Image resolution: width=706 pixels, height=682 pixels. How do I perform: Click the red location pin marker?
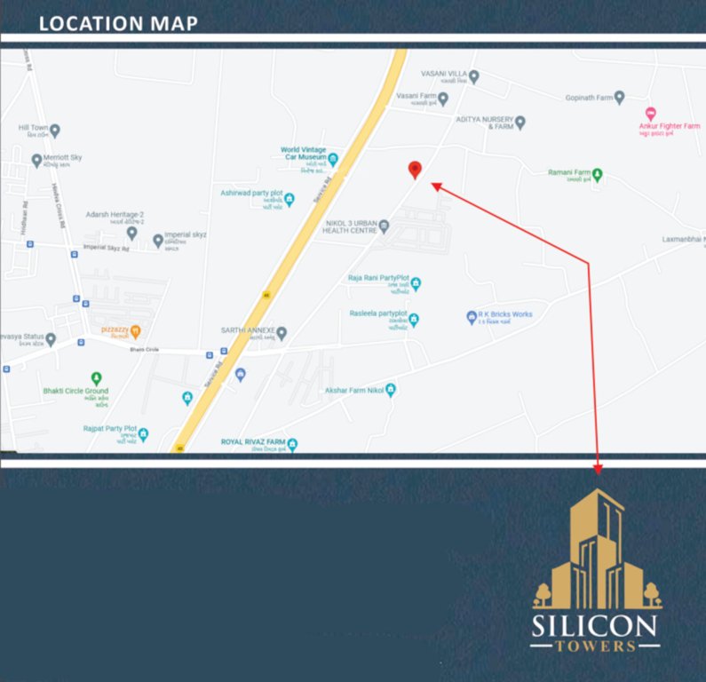[x=414, y=170]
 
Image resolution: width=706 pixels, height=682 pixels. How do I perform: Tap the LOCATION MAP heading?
[x=118, y=23]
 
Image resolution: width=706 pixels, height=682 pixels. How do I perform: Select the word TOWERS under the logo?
[x=595, y=646]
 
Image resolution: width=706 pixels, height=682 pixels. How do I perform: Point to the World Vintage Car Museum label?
[x=303, y=155]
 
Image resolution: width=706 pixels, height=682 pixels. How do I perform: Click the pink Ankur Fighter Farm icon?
[x=650, y=114]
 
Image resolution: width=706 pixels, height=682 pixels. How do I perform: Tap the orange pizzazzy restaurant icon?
[x=135, y=332]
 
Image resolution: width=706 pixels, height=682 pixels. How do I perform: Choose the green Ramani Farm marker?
[x=598, y=175]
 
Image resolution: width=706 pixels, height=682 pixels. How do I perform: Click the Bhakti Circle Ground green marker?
[x=97, y=378]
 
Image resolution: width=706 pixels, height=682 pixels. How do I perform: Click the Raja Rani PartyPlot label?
[x=377, y=278]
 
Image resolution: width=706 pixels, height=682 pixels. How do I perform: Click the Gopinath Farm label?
[x=589, y=97]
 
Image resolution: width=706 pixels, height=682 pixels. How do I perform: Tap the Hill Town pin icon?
[x=55, y=131]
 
